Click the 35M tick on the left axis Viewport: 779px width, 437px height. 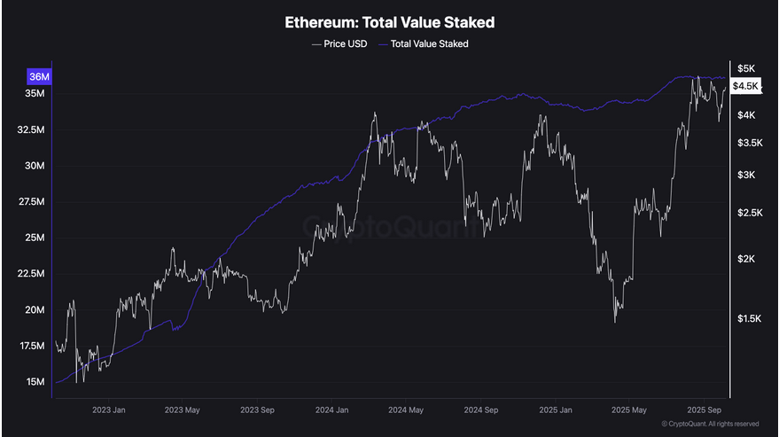click(x=36, y=93)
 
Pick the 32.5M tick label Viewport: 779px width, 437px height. click(x=32, y=129)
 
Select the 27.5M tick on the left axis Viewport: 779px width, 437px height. click(x=32, y=202)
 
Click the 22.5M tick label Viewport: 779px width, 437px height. click(x=32, y=274)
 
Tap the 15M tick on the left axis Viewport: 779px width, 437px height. click(x=36, y=382)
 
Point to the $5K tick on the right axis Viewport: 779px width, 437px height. click(x=745, y=68)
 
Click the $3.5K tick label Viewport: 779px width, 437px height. click(x=749, y=142)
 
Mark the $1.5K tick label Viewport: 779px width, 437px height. click(x=749, y=317)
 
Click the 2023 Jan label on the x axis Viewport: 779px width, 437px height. click(x=109, y=410)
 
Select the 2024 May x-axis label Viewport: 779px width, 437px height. click(x=404, y=410)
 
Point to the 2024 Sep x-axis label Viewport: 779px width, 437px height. click(x=479, y=410)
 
